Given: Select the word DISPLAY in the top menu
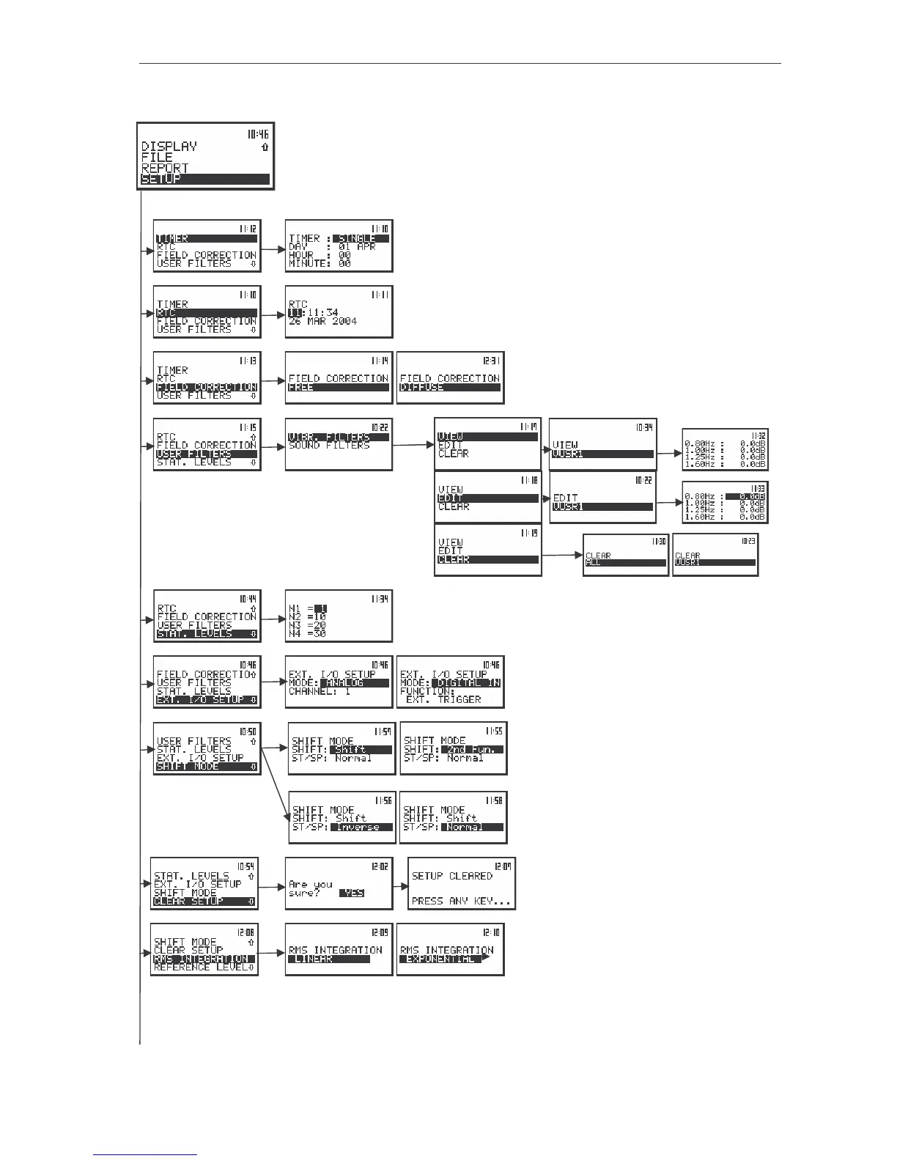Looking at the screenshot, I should (169, 147).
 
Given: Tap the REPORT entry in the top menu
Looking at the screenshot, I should (165, 169).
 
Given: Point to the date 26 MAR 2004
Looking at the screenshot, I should (322, 321).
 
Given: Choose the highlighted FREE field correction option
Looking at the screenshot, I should (301, 387).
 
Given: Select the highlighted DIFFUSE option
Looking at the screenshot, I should (422, 387).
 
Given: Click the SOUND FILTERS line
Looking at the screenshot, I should (329, 446).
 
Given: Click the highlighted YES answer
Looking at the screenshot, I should (352, 893).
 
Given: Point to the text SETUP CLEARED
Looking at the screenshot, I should (452, 876).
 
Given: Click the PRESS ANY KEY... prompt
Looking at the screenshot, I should (462, 901).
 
